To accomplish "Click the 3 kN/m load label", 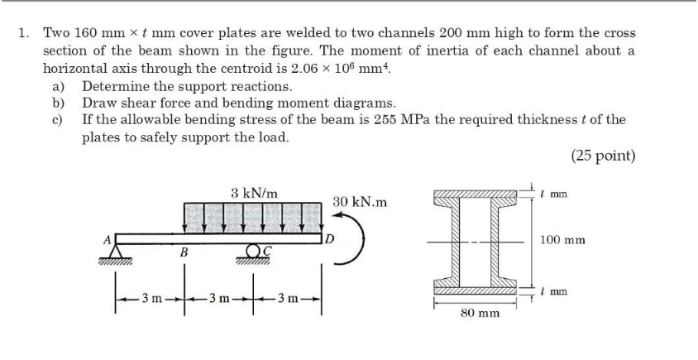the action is click(x=255, y=193).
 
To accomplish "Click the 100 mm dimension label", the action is click(x=562, y=240).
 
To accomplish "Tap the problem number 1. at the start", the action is click(x=24, y=33).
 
